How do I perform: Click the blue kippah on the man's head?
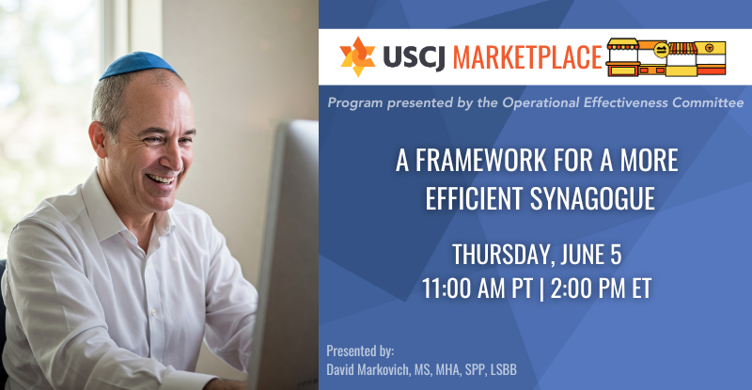point(137,65)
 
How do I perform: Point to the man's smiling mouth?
point(161,179)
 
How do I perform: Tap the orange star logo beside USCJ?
point(357,56)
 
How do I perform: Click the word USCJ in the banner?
point(415,57)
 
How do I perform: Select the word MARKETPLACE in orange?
point(527,57)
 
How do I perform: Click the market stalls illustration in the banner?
point(666,57)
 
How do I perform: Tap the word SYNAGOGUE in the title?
point(592,198)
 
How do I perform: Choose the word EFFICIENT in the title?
point(474,198)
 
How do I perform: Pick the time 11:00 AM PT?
point(478,289)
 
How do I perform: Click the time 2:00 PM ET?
point(601,289)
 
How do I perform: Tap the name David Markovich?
point(368,369)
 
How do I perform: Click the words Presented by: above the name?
point(360,351)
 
